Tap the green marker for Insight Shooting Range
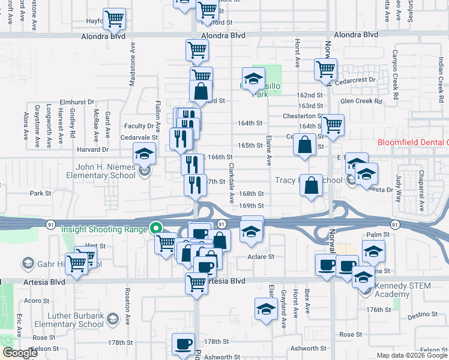point(156,228)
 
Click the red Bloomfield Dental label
point(413,143)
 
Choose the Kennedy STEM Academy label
point(403,290)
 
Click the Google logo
point(20,353)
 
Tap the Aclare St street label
point(261,256)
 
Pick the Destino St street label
point(421,314)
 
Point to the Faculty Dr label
point(139,126)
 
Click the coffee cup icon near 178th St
point(183,344)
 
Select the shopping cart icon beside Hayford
point(114,19)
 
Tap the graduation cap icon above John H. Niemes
point(145,154)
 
